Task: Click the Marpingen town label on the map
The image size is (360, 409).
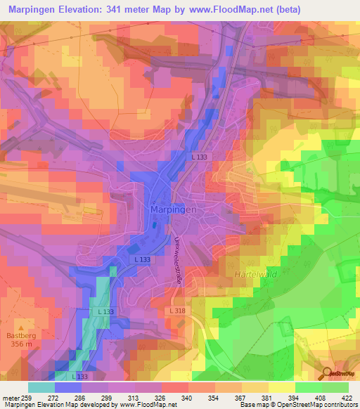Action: coord(174,209)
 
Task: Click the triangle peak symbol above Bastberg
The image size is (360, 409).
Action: coord(21,327)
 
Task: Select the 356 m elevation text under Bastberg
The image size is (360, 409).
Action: coord(21,345)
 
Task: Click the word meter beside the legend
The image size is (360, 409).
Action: coord(13,397)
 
